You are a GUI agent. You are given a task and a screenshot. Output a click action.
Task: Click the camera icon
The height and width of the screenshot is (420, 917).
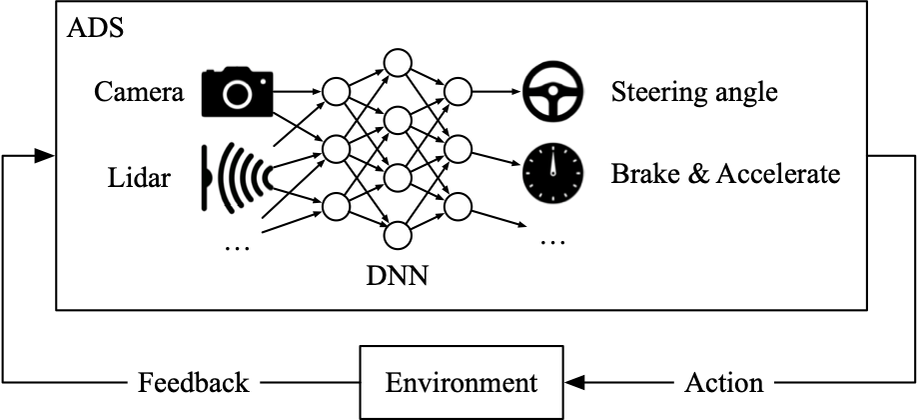coord(236,93)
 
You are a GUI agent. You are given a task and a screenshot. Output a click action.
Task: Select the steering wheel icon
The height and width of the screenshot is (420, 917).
coord(551,93)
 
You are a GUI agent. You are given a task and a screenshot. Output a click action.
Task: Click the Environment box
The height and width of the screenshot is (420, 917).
coord(461,382)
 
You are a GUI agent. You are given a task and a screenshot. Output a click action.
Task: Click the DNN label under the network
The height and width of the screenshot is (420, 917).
coord(398,273)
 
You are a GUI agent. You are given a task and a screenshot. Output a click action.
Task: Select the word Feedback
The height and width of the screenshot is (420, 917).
coord(193,382)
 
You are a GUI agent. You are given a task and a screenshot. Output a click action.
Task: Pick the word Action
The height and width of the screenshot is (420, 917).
coord(724,382)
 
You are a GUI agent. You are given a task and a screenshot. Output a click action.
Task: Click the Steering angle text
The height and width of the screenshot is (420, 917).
coord(694,93)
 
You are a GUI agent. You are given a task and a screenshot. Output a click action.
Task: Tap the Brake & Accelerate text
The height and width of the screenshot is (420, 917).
coord(726,175)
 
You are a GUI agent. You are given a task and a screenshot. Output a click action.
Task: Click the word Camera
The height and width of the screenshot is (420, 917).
coord(139,93)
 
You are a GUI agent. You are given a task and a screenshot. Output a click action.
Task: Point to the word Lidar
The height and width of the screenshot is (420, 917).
coord(140,179)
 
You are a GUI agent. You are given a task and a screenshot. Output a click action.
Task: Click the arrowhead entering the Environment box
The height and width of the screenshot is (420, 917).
coord(576,382)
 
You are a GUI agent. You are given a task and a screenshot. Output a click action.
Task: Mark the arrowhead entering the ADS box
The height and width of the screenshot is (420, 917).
coord(44,156)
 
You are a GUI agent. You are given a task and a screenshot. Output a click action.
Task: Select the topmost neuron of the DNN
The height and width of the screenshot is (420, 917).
coord(397,62)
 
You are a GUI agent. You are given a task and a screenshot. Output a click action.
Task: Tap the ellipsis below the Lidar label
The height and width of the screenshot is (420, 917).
coord(237,246)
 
